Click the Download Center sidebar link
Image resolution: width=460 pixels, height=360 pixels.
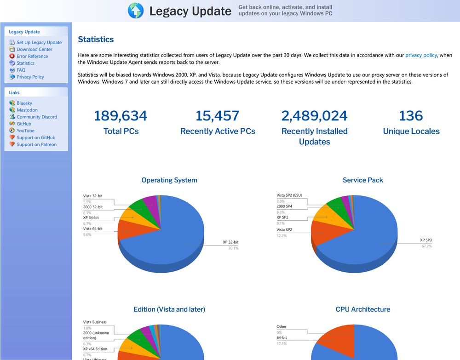[x=34, y=49]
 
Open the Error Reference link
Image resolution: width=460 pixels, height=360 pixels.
[x=32, y=56]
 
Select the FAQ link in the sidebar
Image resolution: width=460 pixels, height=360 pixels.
[x=21, y=70]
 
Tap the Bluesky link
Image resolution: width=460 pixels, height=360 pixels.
[x=24, y=103]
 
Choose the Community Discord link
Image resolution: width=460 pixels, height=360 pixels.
[x=37, y=117]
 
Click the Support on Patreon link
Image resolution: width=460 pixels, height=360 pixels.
[x=36, y=144]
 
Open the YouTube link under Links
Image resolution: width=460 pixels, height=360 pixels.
[x=25, y=131]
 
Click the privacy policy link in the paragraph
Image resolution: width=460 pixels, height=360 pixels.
[x=421, y=55]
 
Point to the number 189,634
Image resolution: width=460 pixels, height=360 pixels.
[x=121, y=116]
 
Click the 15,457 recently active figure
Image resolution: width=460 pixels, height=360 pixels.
[x=218, y=116]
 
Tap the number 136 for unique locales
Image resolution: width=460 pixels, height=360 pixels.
[x=411, y=116]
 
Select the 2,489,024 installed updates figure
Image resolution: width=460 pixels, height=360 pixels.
[x=314, y=116]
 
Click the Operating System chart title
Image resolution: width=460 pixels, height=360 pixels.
[x=169, y=180]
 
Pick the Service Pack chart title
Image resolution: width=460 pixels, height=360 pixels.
[x=362, y=180]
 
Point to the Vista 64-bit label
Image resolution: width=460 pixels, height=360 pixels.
[x=93, y=229]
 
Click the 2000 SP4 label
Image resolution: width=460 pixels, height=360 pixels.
[x=285, y=206]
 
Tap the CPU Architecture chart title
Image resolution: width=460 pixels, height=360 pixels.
[x=362, y=309]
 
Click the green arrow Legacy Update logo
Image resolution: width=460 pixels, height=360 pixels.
[x=136, y=11]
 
